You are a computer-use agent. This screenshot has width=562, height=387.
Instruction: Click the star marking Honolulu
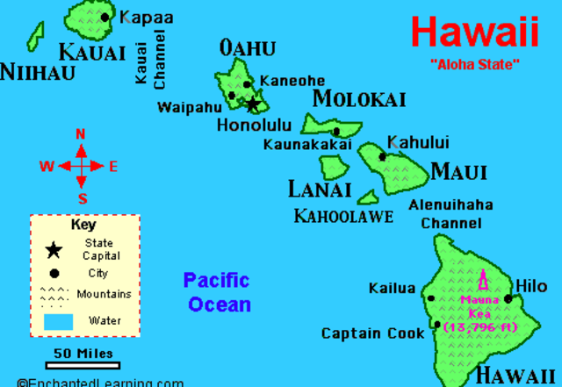tap(253, 104)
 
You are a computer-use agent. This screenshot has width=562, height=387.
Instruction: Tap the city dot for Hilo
tap(508, 298)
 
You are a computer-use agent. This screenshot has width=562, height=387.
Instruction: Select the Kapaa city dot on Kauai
tap(106, 17)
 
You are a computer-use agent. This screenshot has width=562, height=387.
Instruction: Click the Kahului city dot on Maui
tap(382, 157)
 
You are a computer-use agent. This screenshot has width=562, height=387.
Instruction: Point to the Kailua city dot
tap(430, 298)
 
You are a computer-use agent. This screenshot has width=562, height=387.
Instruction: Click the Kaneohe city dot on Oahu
tap(249, 85)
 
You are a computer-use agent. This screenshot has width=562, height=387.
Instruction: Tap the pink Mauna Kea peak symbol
tap(482, 282)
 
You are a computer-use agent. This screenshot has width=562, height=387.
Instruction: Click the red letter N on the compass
tap(81, 134)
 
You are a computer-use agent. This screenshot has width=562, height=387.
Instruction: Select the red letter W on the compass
tap(47, 166)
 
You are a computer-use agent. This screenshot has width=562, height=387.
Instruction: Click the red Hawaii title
tap(474, 32)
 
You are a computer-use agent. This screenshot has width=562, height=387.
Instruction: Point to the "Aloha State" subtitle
tap(474, 64)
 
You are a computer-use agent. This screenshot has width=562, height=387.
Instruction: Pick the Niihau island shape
tap(35, 37)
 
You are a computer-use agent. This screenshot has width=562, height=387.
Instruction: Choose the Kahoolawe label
tap(343, 216)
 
